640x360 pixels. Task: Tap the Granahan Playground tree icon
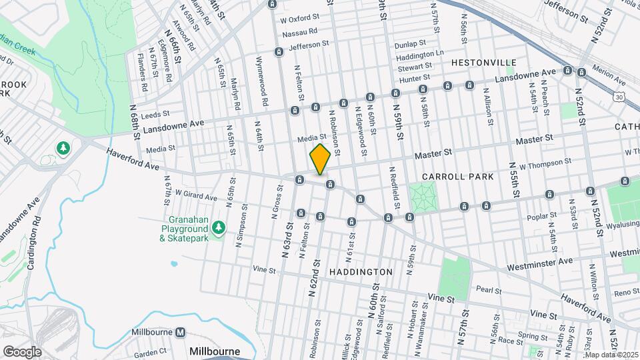tap(219, 229)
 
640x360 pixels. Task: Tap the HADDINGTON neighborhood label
tap(361, 272)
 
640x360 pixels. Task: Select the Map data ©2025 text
tap(612, 355)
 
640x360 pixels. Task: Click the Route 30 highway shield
tap(619, 97)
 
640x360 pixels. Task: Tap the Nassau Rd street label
tap(300, 32)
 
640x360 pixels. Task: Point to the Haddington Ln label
tap(419, 53)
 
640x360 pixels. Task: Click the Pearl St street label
tap(489, 289)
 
